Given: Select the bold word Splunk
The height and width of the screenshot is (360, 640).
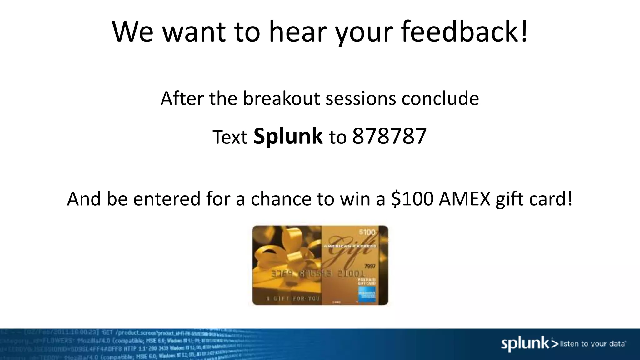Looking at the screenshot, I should tap(288, 137).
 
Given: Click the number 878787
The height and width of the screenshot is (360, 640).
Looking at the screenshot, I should tap(389, 137).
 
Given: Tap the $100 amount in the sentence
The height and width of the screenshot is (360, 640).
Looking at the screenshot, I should tap(412, 199).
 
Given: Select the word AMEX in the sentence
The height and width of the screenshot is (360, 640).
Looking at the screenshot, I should tap(464, 199).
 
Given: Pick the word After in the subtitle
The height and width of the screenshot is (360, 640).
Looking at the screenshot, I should tap(182, 98).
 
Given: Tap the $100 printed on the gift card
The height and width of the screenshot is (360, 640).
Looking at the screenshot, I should tap(367, 232).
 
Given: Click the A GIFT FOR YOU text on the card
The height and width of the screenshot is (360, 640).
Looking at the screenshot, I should tap(293, 299).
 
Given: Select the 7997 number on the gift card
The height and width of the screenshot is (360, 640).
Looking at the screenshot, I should tap(370, 266).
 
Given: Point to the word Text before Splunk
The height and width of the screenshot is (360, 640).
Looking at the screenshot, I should tap(230, 137).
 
